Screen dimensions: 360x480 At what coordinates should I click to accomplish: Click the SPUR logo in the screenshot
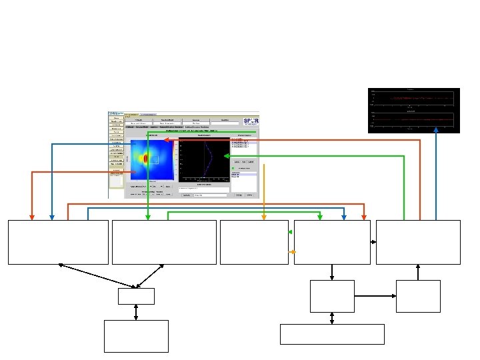(251, 123)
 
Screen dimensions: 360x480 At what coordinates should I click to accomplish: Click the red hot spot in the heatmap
(145, 161)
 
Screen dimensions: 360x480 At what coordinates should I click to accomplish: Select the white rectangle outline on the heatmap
(153, 159)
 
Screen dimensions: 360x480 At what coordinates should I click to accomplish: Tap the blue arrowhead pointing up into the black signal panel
(436, 131)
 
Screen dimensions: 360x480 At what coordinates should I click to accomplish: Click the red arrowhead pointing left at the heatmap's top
(166, 140)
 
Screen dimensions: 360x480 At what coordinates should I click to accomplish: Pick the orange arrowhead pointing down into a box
(264, 217)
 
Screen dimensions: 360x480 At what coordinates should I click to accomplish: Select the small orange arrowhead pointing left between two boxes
(291, 252)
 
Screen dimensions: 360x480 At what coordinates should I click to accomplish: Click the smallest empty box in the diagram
(136, 296)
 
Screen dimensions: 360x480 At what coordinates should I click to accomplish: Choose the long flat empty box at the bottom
(332, 334)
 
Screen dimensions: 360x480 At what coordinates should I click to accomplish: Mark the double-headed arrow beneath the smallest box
(136, 312)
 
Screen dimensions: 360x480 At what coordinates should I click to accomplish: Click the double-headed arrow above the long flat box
(332, 318)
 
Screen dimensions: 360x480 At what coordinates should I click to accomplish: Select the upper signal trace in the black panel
(413, 99)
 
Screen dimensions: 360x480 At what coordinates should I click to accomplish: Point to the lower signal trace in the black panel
(413, 119)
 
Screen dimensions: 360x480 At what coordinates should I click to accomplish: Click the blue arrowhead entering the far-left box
(53, 217)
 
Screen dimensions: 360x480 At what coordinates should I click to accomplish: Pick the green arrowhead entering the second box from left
(147, 217)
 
